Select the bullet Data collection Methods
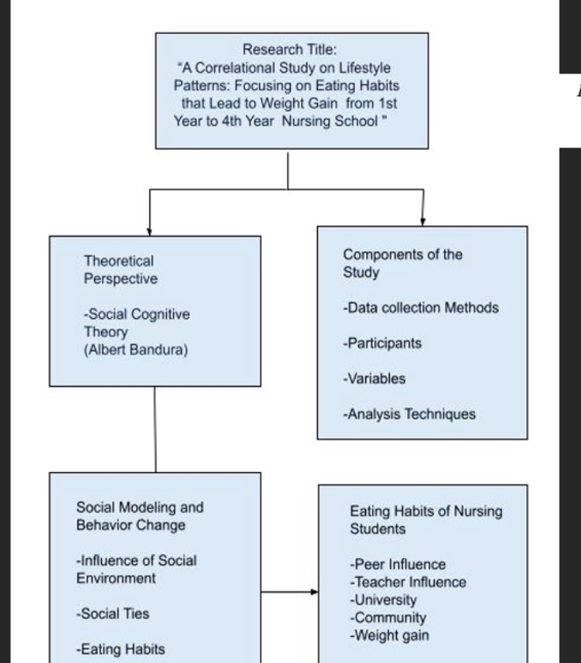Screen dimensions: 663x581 point(421,307)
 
